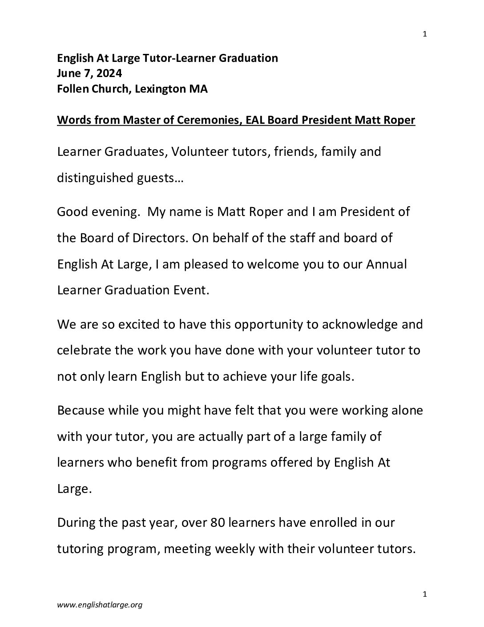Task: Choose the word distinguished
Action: click(99, 178)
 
